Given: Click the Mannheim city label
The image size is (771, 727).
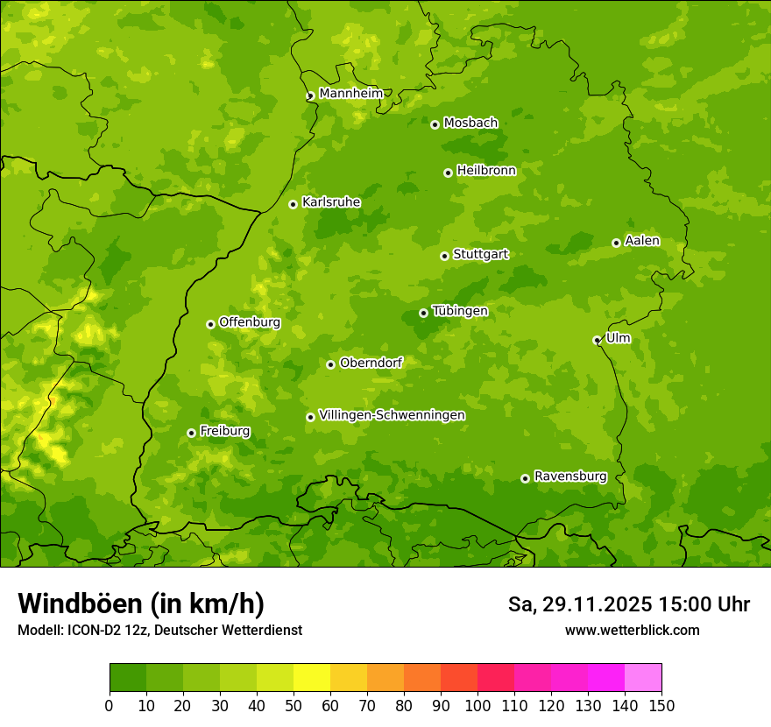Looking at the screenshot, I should pos(350,94).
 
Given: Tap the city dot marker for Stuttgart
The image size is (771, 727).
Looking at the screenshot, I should pos(444,256).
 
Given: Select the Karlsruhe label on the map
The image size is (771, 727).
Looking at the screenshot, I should pos(331,202).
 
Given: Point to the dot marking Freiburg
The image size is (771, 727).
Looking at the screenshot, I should pos(191,433).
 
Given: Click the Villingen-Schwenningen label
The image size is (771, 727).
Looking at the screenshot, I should pos(392,415).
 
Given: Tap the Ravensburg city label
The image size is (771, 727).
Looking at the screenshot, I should pos(570,476).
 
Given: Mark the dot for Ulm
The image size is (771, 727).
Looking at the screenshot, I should pos(597,340).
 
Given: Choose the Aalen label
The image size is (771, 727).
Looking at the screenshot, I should pos(642,241).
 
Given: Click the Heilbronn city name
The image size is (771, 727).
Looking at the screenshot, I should pos(486,171).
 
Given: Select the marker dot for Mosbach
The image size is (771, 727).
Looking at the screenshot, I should pos(435,124).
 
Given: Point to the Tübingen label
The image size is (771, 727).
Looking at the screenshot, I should pos(460,311).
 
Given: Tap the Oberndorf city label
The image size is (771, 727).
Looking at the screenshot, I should pos(371,363).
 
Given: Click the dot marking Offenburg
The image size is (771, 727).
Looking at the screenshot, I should pos(210,324).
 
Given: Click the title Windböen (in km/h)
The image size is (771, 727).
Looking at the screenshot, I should pos(140,603).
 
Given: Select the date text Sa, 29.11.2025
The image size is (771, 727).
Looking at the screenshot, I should pos(579,604).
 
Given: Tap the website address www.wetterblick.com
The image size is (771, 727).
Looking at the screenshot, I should pos(632,630).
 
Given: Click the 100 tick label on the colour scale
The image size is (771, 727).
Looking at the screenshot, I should pos(477,706).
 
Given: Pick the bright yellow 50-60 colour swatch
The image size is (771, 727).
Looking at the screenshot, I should pos(311,678).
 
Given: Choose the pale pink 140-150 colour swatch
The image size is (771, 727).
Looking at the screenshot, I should pos(642,678).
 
